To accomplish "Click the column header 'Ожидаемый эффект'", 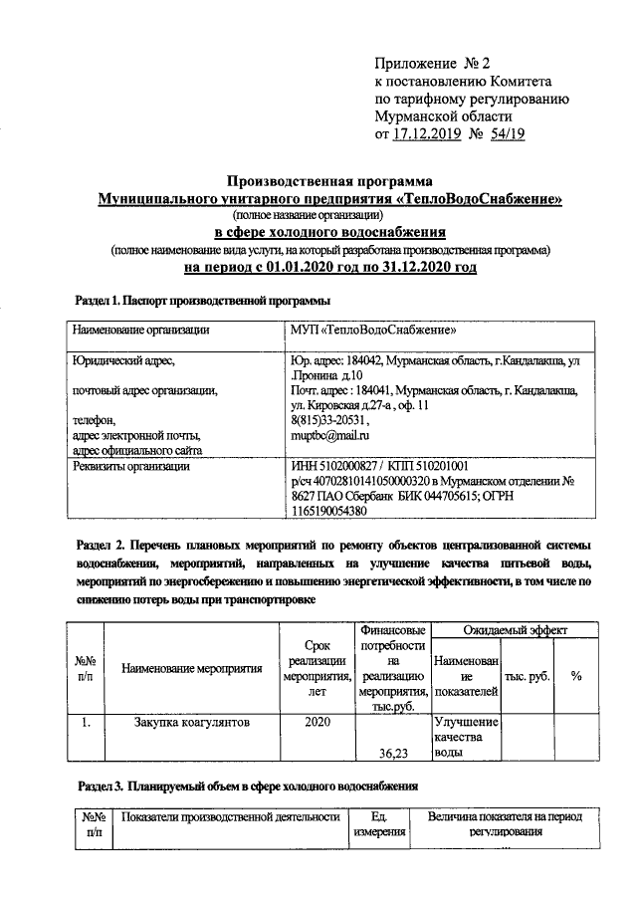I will (x=515, y=630).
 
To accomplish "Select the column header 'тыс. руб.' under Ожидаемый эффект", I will (x=528, y=675).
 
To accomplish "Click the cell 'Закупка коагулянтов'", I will (x=192, y=722).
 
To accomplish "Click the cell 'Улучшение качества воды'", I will (x=465, y=737).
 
